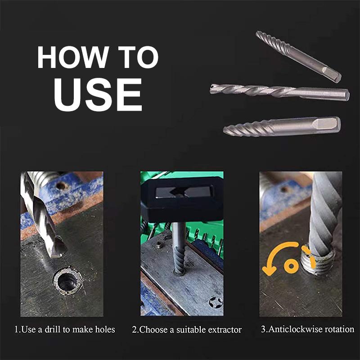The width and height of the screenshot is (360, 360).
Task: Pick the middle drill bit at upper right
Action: (279, 91)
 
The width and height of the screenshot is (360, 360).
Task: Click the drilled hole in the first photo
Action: (67, 282)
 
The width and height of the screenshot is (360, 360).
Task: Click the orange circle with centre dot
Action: (291, 265)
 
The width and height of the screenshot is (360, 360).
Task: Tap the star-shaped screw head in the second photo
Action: (216, 302)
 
